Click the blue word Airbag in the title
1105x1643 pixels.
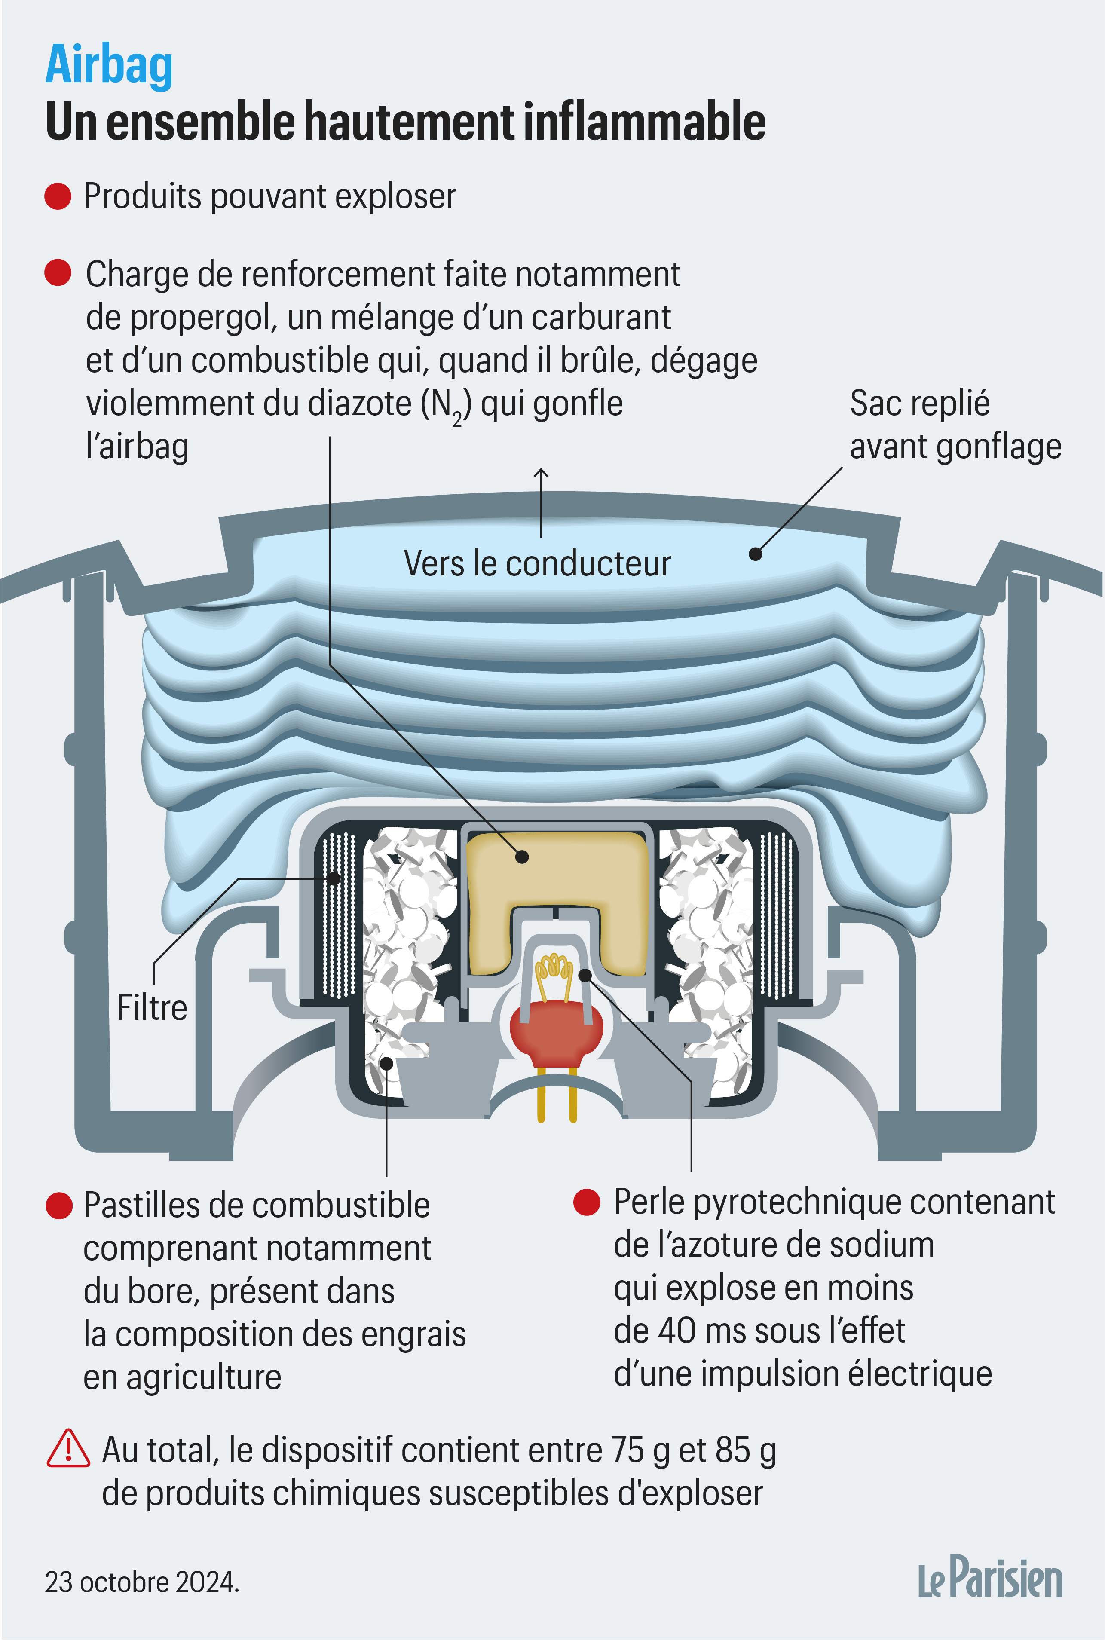pos(109,65)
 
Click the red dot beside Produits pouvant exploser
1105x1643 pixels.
pos(58,196)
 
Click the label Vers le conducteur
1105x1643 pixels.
pos(537,563)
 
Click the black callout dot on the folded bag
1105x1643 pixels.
pos(756,554)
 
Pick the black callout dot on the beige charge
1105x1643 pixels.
pos(521,857)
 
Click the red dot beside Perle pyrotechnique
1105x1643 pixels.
pos(586,1202)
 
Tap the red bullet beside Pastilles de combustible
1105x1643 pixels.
pos(59,1205)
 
